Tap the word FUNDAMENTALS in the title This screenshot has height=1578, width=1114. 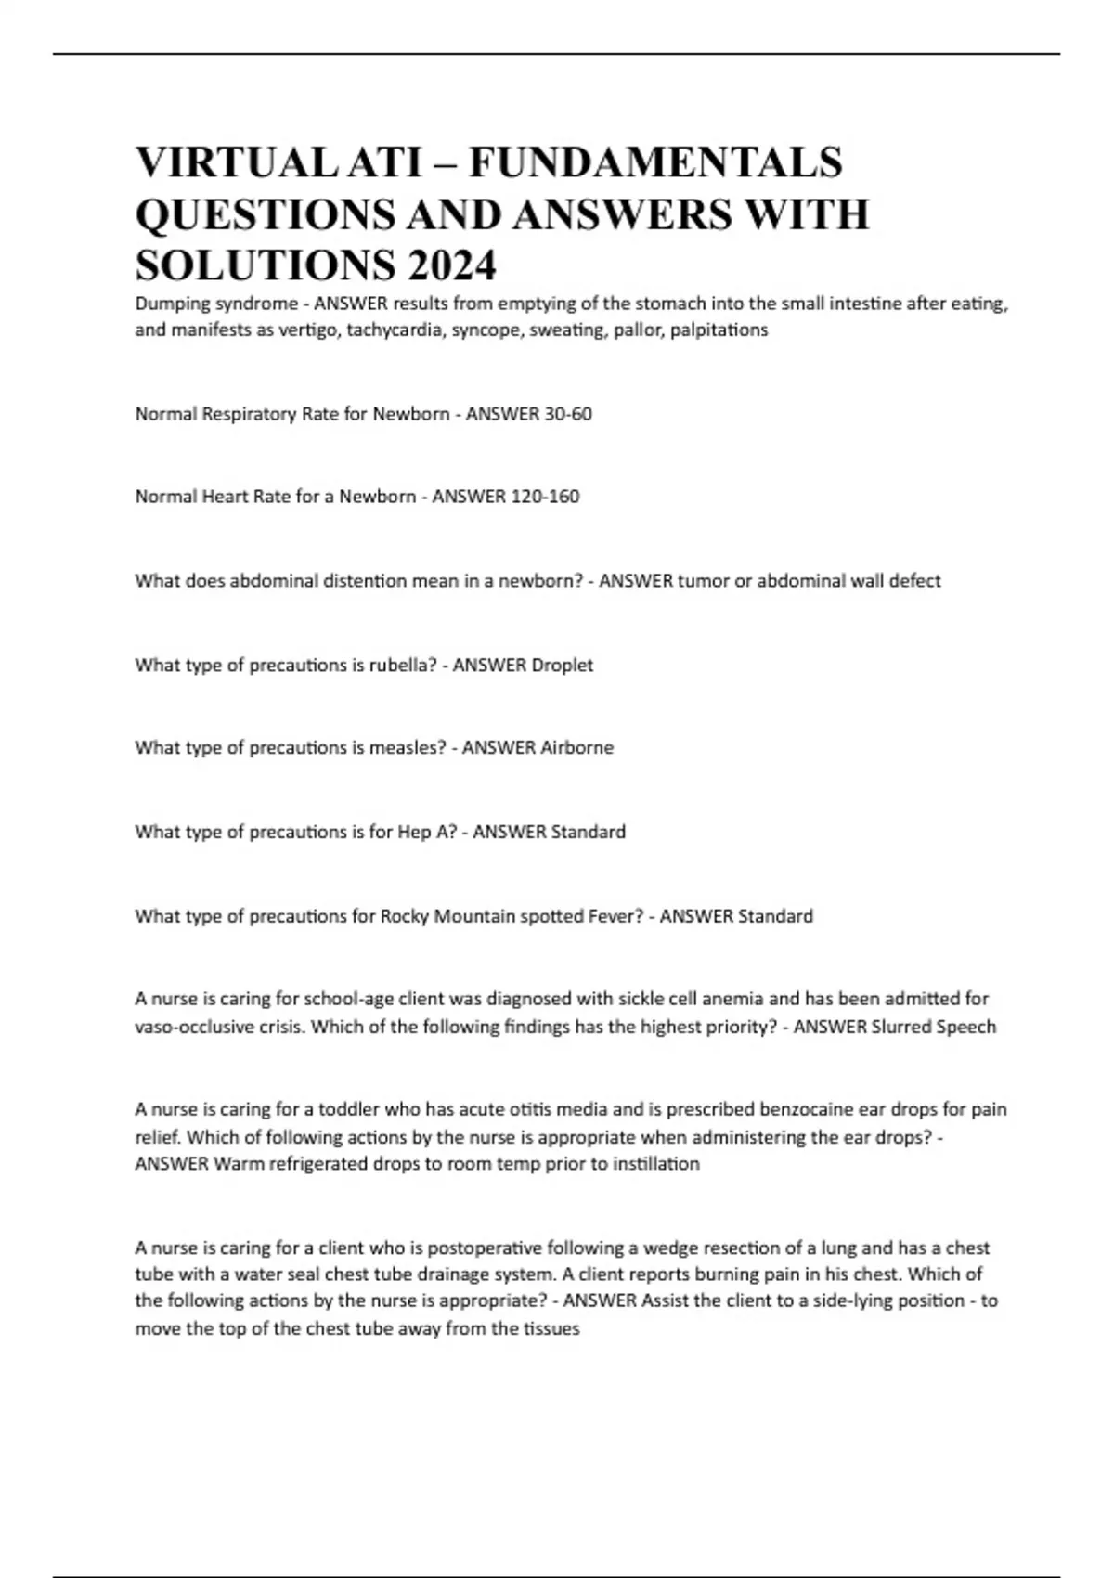[655, 162]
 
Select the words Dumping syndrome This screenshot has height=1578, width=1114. [216, 304]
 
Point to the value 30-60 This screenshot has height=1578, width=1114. [568, 414]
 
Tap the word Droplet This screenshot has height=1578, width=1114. [561, 665]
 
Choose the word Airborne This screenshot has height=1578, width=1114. [576, 747]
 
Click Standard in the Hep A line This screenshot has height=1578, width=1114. [588, 832]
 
